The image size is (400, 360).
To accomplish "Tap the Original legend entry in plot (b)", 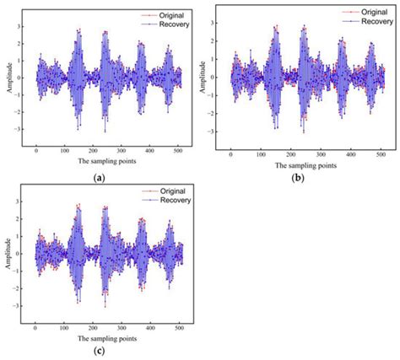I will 355,11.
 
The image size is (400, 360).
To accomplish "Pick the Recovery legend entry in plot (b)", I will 355,21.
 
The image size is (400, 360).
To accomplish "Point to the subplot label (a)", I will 100,177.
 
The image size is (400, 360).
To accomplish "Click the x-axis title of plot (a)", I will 107,160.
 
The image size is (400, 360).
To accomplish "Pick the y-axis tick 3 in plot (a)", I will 22,28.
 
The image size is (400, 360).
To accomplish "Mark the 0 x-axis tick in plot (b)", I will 230,153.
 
